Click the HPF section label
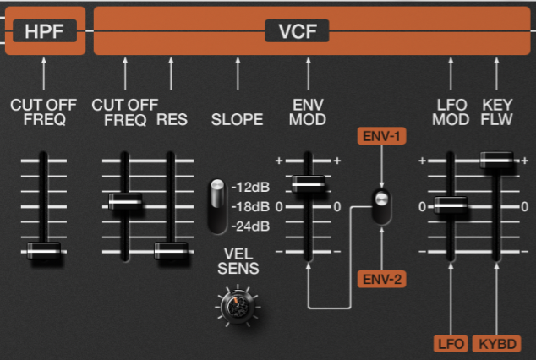coord(45,31)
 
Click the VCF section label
coord(297,31)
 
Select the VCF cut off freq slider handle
coord(125,200)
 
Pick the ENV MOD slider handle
coord(308,183)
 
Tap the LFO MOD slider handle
coord(451,204)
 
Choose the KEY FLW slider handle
coord(496,158)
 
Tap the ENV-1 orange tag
coord(382,134)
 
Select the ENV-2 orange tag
coord(382,279)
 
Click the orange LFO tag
coord(450,343)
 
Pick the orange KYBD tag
coord(496,343)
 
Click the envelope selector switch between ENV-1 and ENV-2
coord(382,206)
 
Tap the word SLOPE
coord(237,119)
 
